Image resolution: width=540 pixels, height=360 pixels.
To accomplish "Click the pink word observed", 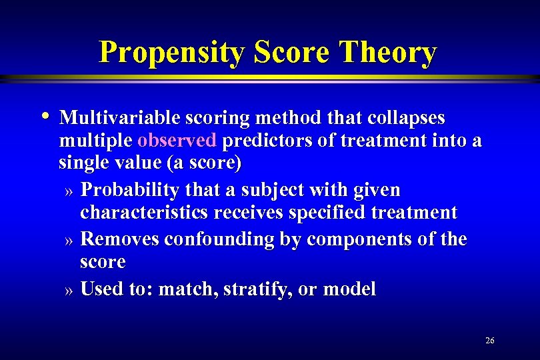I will pos(177,141).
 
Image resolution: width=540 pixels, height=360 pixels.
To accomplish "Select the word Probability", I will pos(129,191).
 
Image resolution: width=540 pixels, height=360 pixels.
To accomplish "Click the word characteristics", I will pos(144,213).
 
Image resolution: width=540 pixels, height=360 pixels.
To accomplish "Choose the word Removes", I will pos(119,239).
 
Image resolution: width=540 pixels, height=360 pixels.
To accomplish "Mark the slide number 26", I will pos(490,341).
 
